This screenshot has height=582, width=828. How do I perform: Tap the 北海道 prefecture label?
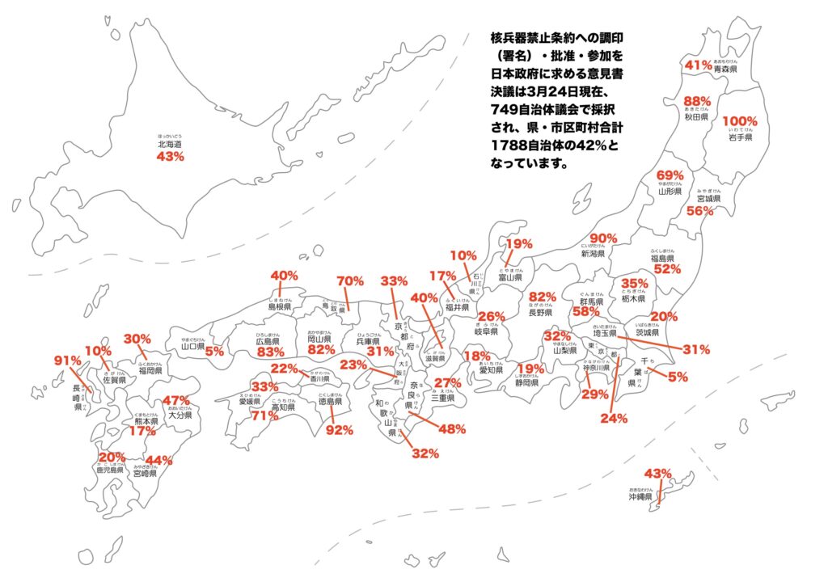(170, 144)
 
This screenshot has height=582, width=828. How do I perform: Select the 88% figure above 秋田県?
(696, 101)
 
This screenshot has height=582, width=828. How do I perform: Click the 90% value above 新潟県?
(604, 238)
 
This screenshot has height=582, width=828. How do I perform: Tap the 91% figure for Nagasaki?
(68, 360)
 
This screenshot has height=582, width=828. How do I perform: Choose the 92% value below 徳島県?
(339, 430)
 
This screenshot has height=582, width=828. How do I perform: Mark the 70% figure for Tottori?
(350, 281)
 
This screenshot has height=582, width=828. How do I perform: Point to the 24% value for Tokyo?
(613, 418)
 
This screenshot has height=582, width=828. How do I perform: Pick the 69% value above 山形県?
(670, 175)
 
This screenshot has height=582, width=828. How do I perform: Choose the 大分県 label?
(179, 415)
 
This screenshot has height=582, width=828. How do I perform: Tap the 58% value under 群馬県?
(585, 311)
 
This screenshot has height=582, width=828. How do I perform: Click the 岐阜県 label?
(485, 331)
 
